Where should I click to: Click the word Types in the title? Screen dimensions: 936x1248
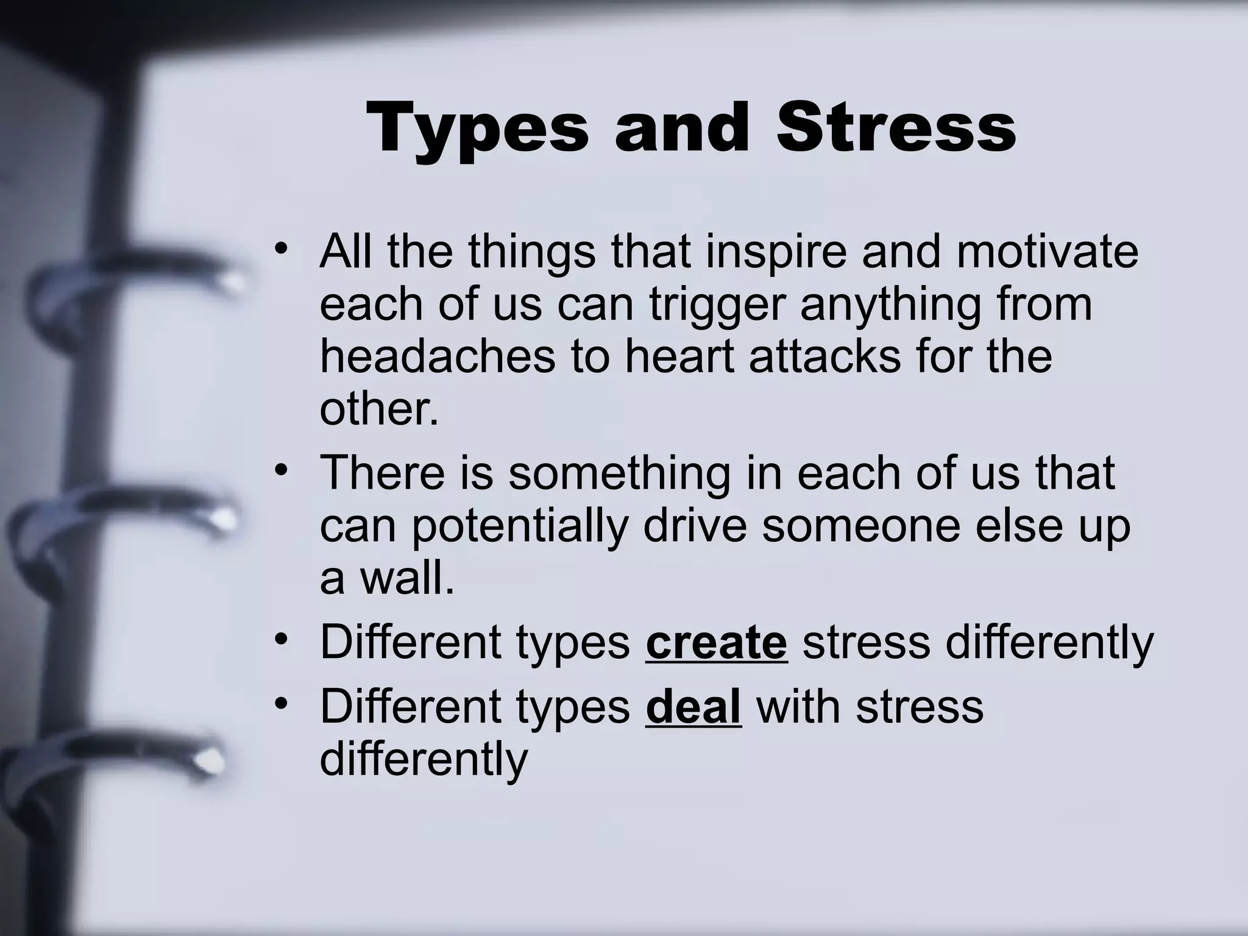(x=478, y=129)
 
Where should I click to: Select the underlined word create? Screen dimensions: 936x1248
(x=716, y=642)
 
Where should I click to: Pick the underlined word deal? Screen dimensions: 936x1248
(x=693, y=707)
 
